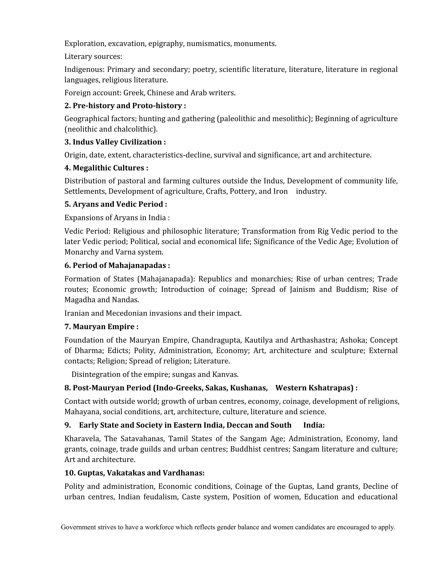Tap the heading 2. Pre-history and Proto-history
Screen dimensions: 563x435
click(x=125, y=106)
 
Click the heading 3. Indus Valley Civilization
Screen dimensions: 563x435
click(x=115, y=142)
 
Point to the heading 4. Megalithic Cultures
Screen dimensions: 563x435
click(x=106, y=168)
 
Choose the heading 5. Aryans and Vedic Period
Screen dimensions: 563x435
click(x=116, y=204)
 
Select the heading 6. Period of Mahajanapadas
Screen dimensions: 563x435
click(x=117, y=265)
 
